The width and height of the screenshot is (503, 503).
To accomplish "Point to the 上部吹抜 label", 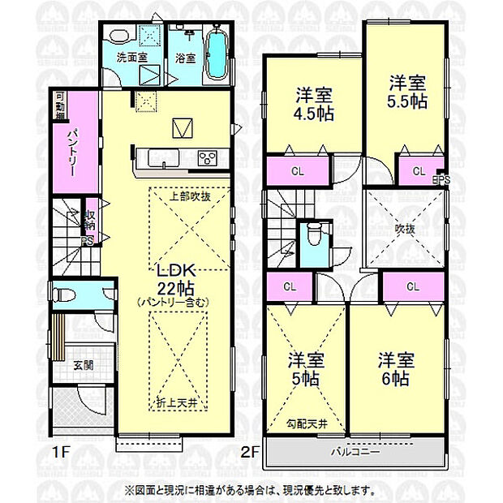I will point(191,196).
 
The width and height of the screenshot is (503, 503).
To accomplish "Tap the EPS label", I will point(441,180).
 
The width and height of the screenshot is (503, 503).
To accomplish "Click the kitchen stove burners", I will point(209,157).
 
